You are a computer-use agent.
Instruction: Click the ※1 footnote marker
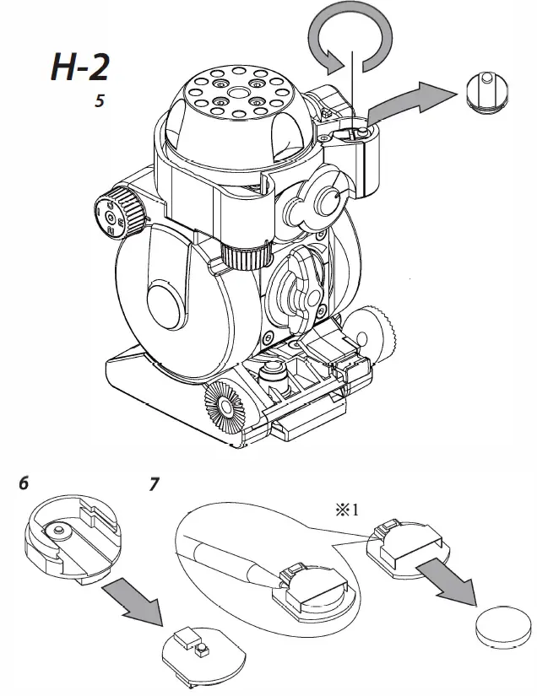349,510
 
